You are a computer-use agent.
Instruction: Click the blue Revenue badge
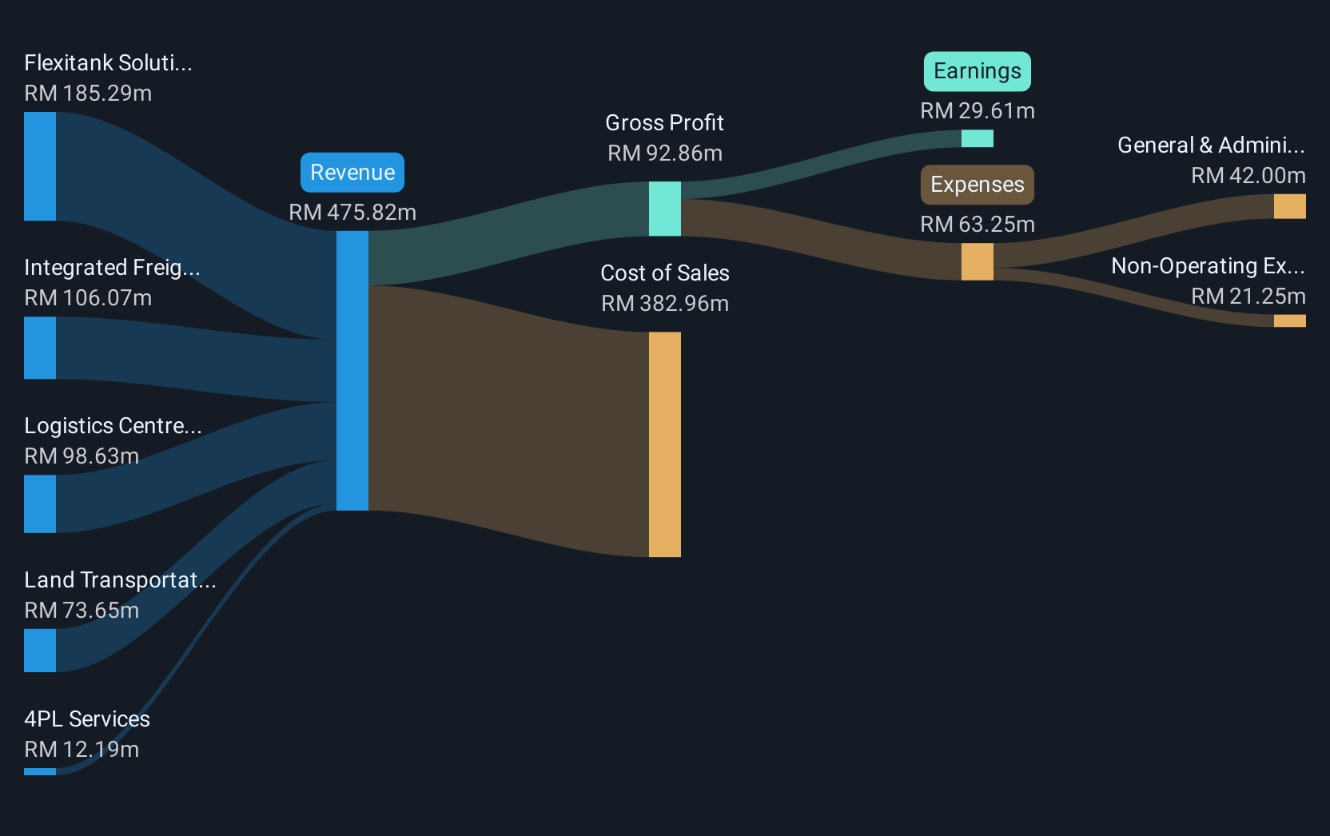click(352, 172)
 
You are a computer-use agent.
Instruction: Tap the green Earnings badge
click(978, 71)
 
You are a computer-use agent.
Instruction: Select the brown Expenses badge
click(978, 185)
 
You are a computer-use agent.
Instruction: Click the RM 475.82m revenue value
click(352, 212)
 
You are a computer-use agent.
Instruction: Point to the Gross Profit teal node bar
click(665, 209)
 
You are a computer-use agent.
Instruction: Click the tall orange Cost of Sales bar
click(665, 444)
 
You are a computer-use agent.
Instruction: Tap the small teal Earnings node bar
click(978, 138)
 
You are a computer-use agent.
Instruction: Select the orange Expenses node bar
click(978, 262)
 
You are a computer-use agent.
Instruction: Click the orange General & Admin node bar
click(1289, 207)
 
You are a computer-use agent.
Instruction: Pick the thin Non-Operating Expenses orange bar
click(1289, 321)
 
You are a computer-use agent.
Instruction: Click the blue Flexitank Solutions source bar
click(40, 166)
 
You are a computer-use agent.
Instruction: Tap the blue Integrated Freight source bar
click(40, 348)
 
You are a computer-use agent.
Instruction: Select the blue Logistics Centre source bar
click(40, 504)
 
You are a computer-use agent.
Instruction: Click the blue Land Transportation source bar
click(40, 651)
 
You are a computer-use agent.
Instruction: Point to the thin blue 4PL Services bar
click(40, 772)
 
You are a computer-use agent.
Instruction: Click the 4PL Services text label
click(87, 719)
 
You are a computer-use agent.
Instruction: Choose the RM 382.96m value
click(665, 304)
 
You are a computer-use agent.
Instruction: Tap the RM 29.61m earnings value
click(978, 111)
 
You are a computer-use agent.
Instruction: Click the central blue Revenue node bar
click(352, 371)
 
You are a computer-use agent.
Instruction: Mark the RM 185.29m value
click(88, 94)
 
